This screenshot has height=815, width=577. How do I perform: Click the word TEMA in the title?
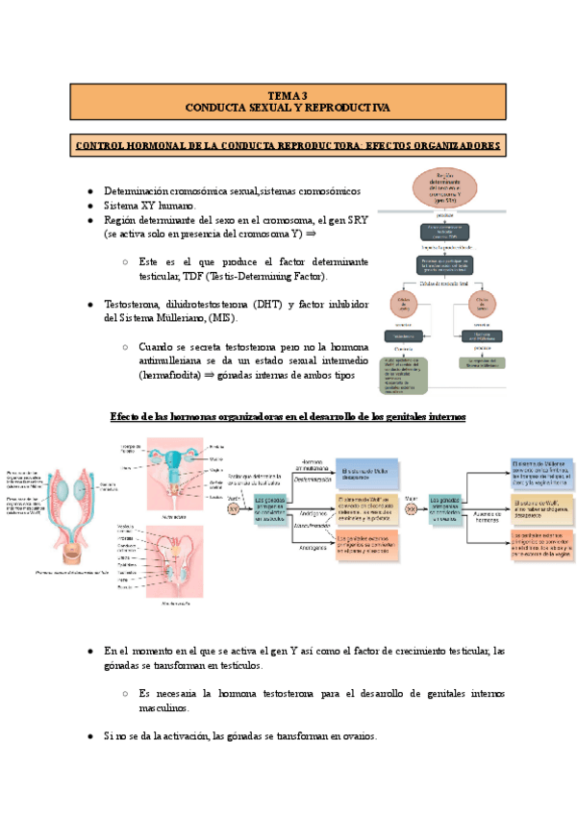[x=278, y=95]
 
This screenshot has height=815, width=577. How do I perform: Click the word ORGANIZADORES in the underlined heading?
[x=447, y=146]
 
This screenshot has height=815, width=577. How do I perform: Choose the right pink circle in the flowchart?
[x=482, y=306]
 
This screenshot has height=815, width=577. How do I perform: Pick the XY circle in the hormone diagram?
[x=233, y=509]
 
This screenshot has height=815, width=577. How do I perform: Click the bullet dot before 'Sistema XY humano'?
[x=89, y=207]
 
